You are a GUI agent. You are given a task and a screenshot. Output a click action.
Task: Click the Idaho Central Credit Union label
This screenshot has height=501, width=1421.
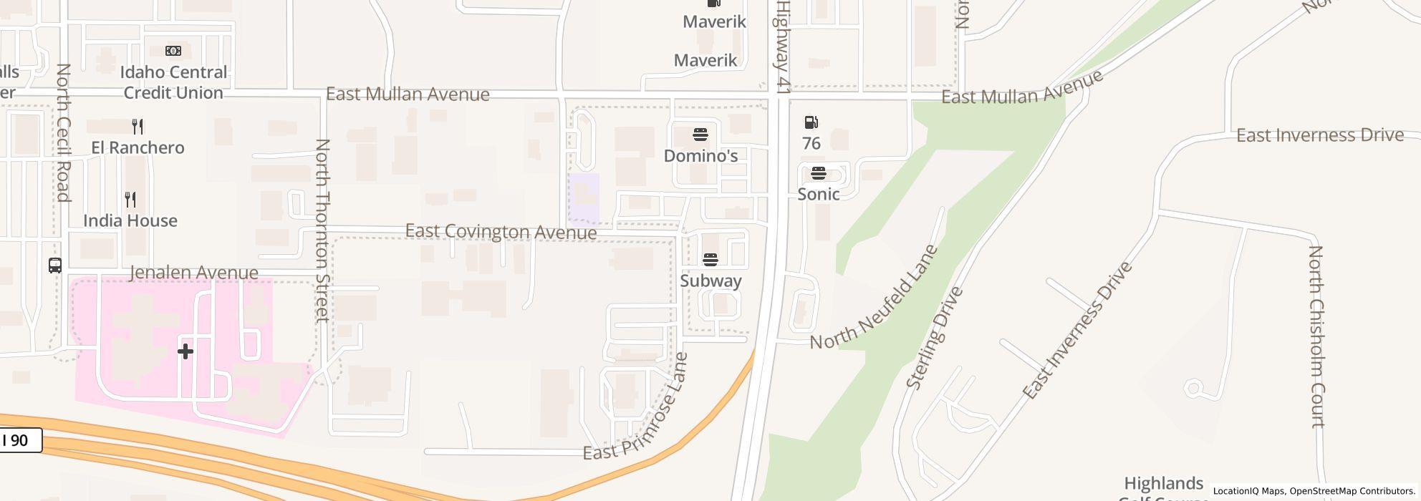tap(173, 82)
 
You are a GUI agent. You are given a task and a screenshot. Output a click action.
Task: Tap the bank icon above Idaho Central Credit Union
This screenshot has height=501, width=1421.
tap(173, 51)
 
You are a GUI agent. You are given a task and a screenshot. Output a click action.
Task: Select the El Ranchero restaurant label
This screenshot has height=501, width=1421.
tap(138, 147)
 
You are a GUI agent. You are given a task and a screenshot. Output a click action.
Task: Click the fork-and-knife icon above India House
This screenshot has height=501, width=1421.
tap(130, 199)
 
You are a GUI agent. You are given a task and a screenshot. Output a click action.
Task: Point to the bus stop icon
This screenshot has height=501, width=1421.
tap(55, 266)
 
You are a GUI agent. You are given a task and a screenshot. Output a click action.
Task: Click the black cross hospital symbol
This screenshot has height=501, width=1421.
tap(186, 351)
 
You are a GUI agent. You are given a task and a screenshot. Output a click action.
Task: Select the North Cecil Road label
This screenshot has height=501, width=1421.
tap(63, 132)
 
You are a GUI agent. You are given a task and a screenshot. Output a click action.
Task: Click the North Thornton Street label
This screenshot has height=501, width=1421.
tap(323, 230)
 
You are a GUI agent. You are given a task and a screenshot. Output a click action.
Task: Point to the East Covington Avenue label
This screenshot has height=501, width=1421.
tap(501, 231)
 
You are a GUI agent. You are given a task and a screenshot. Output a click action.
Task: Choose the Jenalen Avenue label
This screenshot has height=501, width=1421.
tap(194, 273)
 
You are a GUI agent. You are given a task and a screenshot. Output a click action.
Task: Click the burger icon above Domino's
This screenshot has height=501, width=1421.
tap(700, 135)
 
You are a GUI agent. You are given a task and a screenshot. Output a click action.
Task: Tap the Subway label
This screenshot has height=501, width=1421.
tap(710, 281)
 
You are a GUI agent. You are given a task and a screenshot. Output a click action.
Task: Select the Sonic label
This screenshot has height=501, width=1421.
tap(819, 194)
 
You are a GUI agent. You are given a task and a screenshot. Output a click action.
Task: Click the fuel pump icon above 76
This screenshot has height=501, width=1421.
tap(811, 122)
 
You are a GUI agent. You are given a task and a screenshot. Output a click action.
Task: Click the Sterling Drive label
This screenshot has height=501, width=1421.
tap(935, 338)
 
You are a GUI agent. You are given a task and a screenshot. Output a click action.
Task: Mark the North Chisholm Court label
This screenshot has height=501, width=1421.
tap(1316, 336)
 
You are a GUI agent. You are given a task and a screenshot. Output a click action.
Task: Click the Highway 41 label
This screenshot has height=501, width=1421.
tap(782, 47)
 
